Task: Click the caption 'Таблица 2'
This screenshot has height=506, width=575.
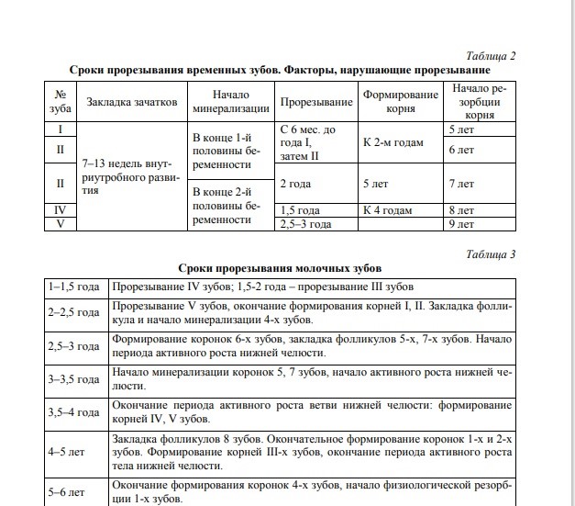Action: pyautogui.click(x=491, y=56)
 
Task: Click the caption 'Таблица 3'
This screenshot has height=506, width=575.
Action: pyautogui.click(x=491, y=253)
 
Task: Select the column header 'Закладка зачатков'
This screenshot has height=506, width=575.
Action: pyautogui.click(x=132, y=102)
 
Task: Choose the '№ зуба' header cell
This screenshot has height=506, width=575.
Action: pyautogui.click(x=60, y=102)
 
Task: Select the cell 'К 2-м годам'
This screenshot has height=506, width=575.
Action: pyautogui.click(x=392, y=143)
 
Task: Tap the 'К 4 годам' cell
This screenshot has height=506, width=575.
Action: pyautogui.click(x=386, y=209)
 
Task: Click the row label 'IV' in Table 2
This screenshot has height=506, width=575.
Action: pyautogui.click(x=60, y=209)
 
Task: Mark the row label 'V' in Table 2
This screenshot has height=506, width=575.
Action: pyautogui.click(x=60, y=223)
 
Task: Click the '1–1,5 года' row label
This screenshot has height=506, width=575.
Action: pyautogui.click(x=75, y=287)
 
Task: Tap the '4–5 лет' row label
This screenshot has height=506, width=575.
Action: pyautogui.click(x=75, y=453)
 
